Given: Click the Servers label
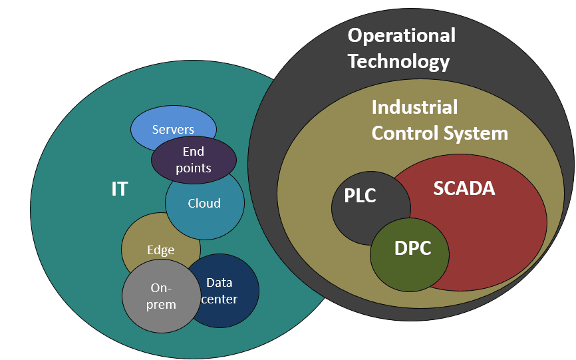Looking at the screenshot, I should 173,129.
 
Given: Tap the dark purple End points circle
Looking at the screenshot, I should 194,160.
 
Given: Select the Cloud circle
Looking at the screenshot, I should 204,204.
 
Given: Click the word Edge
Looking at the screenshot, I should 160,250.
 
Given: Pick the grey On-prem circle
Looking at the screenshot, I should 162,296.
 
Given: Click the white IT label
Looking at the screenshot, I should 119,189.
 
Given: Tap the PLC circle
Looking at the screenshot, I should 360,196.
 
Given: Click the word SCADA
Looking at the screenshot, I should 464,188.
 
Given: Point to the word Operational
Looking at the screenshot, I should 402,35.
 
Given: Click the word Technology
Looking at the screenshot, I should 399,62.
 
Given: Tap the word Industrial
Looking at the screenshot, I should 414,106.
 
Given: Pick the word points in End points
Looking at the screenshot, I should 194,168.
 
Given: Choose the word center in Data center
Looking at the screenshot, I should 219,299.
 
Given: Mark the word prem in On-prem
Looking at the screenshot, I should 162,305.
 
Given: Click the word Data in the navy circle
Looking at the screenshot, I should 219,282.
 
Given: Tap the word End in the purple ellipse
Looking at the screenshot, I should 194,152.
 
